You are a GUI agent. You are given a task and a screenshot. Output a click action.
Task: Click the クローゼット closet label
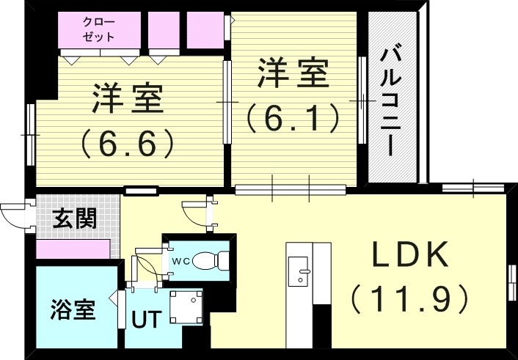tap(98, 30)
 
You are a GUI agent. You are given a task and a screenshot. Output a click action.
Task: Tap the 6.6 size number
tap(128, 142)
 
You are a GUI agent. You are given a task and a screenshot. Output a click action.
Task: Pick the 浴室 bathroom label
tap(73, 309)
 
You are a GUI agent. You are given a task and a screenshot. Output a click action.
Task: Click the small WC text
tap(180, 260)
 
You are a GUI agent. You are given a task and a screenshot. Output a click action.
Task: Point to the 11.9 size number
tap(409, 298)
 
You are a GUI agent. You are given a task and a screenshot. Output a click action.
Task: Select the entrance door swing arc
tap(13, 214)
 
